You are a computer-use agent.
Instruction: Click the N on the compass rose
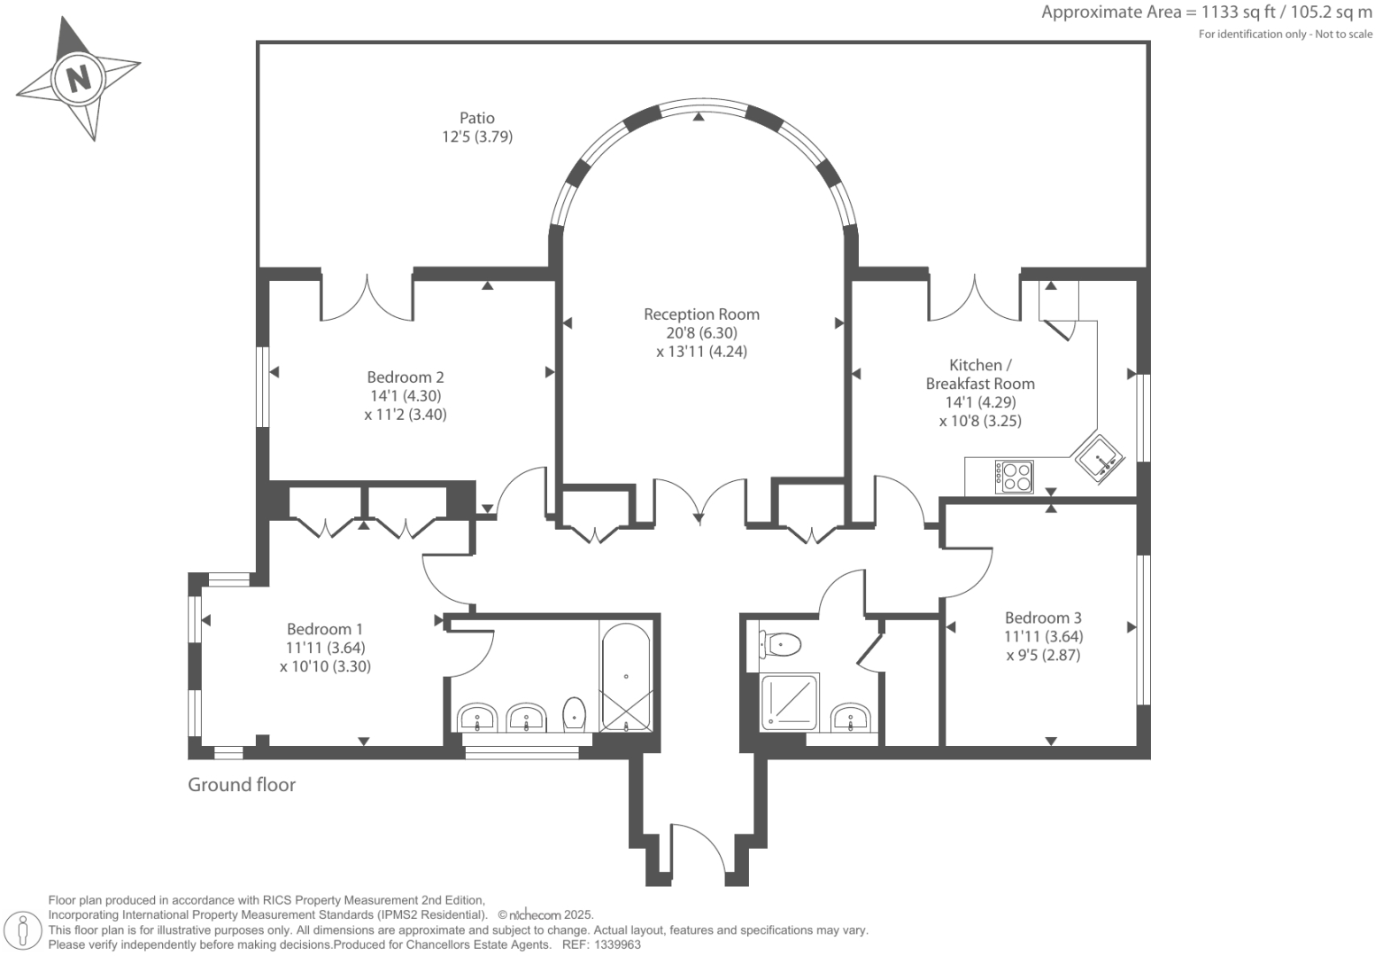click(x=79, y=79)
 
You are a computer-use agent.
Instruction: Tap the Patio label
click(x=476, y=118)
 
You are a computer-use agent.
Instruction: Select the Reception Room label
click(x=701, y=315)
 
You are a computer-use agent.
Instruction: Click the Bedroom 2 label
click(x=405, y=377)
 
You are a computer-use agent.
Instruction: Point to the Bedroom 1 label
click(x=324, y=629)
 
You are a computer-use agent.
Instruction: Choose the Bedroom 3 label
click(x=1042, y=618)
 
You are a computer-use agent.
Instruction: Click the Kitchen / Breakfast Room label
click(x=979, y=374)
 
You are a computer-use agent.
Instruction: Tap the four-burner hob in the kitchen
click(x=1014, y=477)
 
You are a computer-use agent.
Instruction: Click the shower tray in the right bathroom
click(x=790, y=703)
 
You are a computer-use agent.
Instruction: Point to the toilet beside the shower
click(x=779, y=643)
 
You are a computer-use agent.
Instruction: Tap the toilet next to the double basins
click(x=575, y=713)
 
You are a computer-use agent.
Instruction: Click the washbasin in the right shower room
click(x=851, y=717)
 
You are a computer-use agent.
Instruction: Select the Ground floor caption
click(x=241, y=785)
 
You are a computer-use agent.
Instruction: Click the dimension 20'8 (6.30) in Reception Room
click(x=701, y=333)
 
